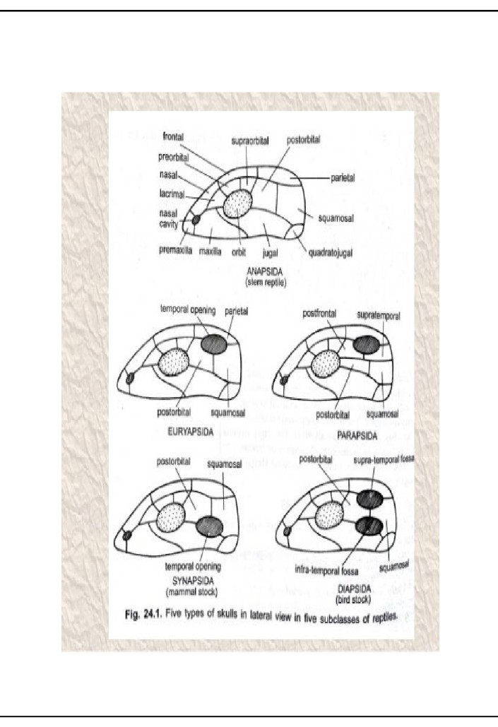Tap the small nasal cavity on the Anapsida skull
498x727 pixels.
(196, 222)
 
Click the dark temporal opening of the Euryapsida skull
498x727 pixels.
(215, 343)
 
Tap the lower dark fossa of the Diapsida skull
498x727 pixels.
(369, 526)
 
